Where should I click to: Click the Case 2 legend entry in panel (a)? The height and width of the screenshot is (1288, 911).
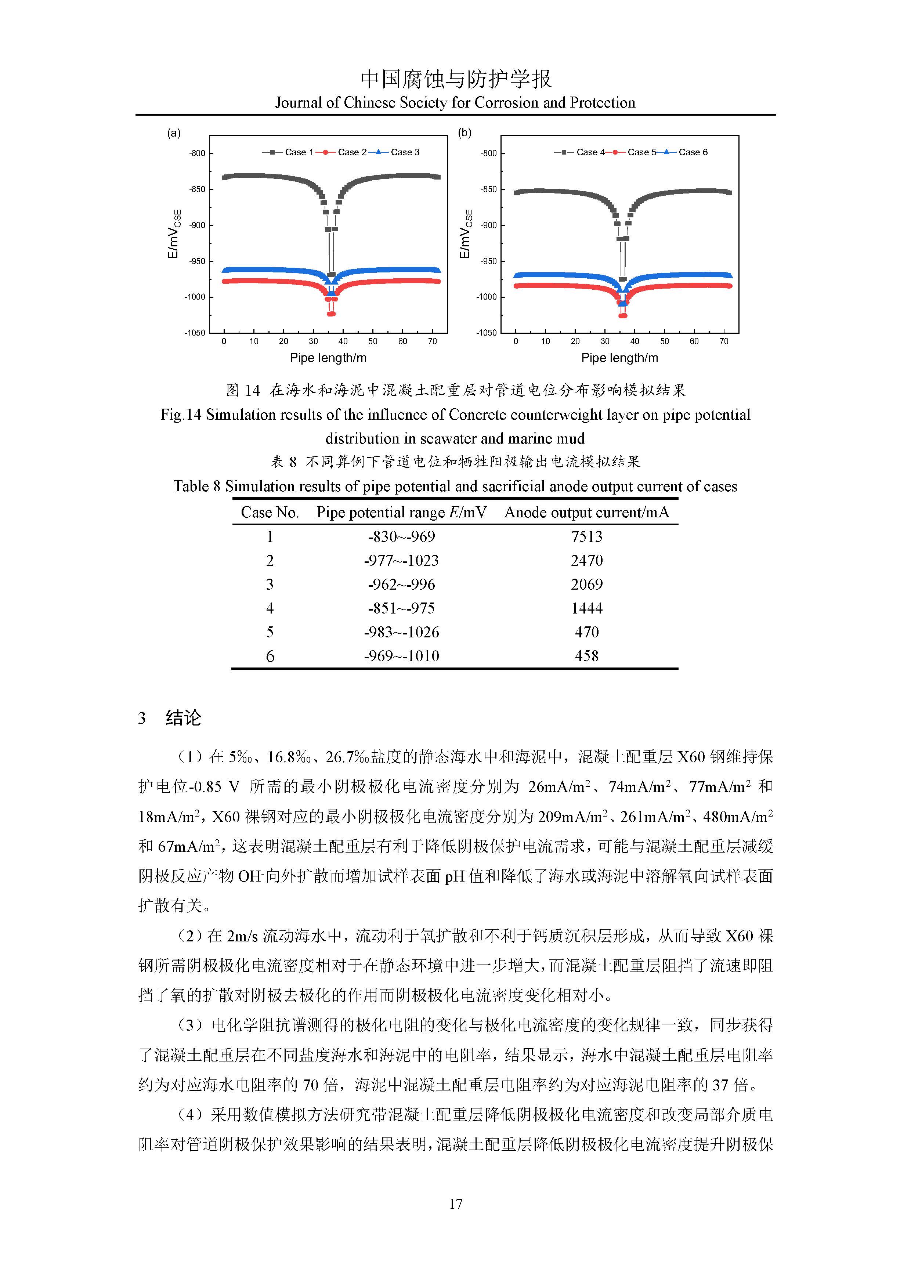(352, 152)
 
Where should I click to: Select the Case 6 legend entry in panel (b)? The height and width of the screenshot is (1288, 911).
(693, 152)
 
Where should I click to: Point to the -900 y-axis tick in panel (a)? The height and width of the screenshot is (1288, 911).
(198, 225)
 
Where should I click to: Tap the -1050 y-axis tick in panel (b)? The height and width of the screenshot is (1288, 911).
(487, 333)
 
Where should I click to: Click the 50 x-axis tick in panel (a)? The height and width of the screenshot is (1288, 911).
(373, 341)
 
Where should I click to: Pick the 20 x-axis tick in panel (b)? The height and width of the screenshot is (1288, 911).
(575, 341)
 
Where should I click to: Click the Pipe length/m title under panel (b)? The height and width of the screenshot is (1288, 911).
(619, 358)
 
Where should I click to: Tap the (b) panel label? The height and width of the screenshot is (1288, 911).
(464, 133)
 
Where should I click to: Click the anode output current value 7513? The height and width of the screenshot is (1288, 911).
(587, 537)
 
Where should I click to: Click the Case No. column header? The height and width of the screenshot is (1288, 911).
(270, 512)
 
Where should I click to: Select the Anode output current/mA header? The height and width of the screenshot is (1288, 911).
(587, 512)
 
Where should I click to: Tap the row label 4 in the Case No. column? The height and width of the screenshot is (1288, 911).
(270, 608)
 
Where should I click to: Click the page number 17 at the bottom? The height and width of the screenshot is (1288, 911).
(455, 1204)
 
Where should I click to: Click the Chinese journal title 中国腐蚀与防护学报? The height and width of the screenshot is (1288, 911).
(455, 79)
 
